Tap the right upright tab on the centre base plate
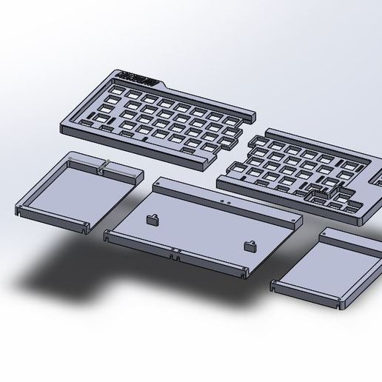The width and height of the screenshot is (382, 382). click(x=250, y=246)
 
